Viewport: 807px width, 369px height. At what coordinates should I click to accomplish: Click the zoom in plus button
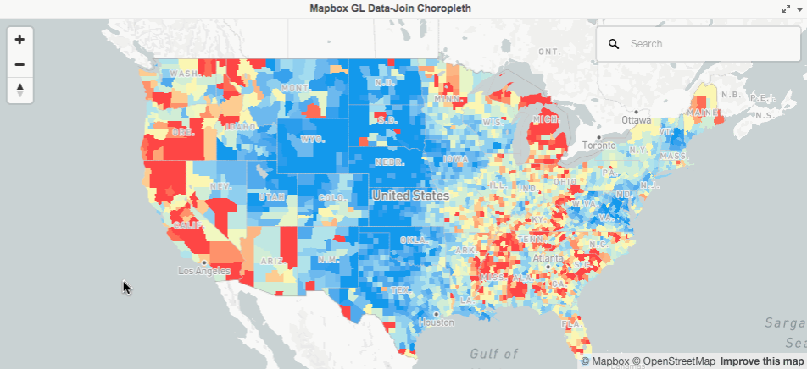(x=19, y=40)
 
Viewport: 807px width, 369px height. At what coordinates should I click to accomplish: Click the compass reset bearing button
(x=19, y=90)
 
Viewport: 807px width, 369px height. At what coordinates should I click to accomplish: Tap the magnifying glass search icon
(x=614, y=43)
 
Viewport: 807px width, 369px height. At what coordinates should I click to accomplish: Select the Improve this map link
(x=750, y=361)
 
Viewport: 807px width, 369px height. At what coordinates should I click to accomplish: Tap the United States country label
(x=410, y=196)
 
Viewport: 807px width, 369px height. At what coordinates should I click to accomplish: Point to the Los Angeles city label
(x=205, y=272)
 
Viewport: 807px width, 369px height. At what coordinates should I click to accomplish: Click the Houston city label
(x=437, y=322)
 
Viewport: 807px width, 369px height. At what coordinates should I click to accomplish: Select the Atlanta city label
(x=548, y=258)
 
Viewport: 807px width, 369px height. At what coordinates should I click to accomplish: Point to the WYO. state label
(x=313, y=138)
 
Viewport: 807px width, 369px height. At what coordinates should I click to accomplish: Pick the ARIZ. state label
(x=271, y=262)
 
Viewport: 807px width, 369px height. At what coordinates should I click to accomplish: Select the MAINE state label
(x=700, y=112)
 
